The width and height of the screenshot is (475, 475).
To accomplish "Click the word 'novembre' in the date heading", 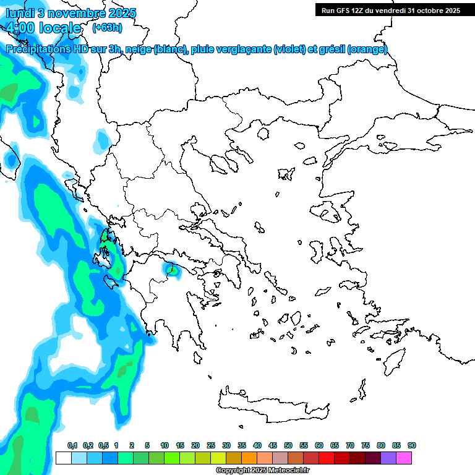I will point(77,13).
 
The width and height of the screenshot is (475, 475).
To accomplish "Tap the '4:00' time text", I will point(22,28).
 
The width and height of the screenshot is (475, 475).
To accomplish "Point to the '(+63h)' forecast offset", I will point(107,28).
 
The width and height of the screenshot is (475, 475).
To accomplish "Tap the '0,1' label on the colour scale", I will point(72,446).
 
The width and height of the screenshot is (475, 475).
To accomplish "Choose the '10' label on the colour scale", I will point(165,446).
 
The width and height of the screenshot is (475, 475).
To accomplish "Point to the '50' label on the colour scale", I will point(288,446).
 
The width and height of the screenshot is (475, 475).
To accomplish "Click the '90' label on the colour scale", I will point(412,446).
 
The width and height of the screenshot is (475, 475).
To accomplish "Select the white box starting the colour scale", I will point(63,458).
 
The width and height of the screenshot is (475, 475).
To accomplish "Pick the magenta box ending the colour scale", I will point(404,458).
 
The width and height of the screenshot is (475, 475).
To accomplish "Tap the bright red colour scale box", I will point(327,458).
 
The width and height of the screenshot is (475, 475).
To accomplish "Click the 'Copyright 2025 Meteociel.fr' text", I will point(263,471).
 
